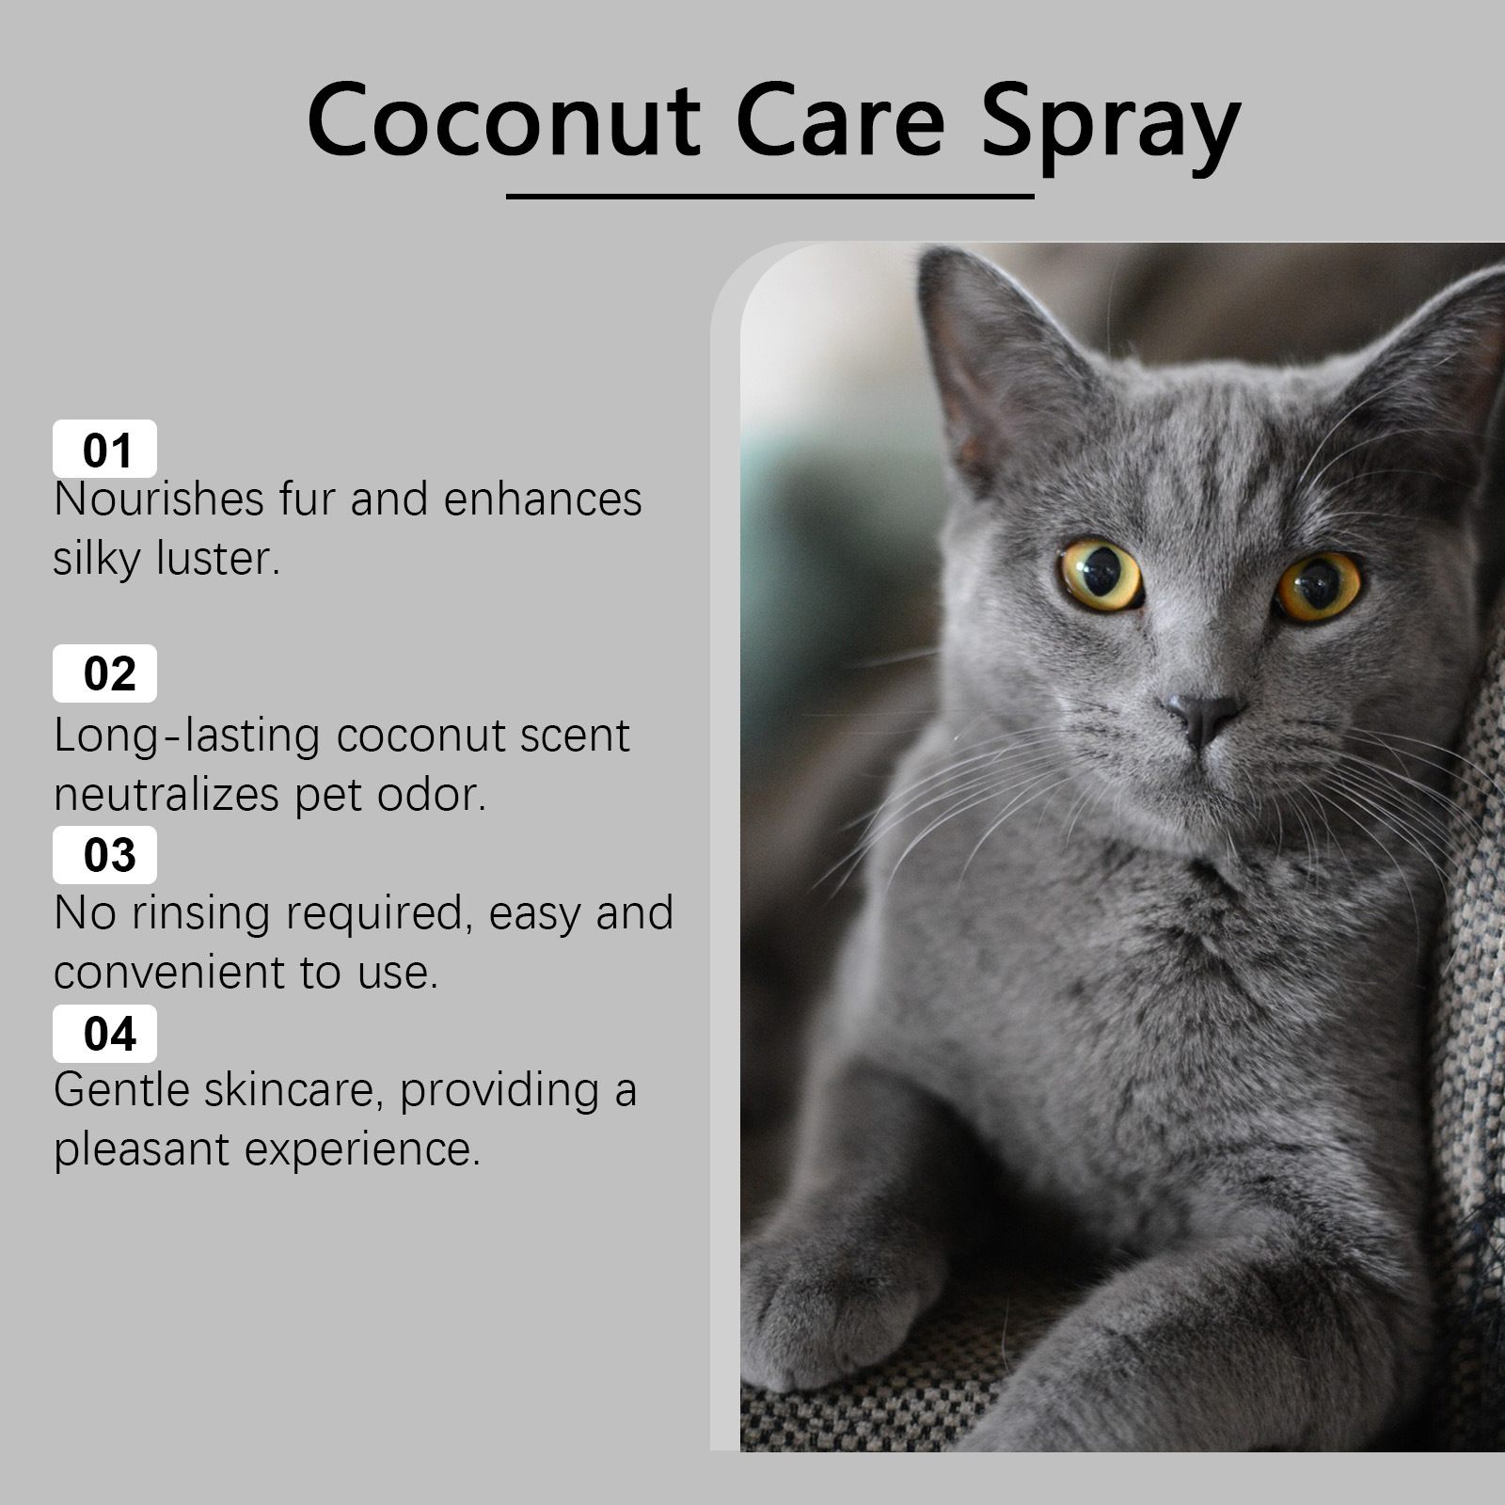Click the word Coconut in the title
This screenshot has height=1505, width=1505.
coord(503,121)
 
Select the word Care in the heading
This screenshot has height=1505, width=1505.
coord(840,121)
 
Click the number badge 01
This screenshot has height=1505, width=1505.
coord(105,450)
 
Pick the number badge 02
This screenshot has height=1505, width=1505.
coord(105,673)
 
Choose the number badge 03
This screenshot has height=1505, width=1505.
coord(105,855)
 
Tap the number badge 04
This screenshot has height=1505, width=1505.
coord(105,1034)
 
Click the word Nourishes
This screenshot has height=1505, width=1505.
coord(158,499)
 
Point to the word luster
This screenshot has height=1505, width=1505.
coord(218,558)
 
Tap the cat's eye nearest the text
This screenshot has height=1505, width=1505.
coord(1101,573)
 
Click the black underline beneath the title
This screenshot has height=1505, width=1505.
coord(769,197)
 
